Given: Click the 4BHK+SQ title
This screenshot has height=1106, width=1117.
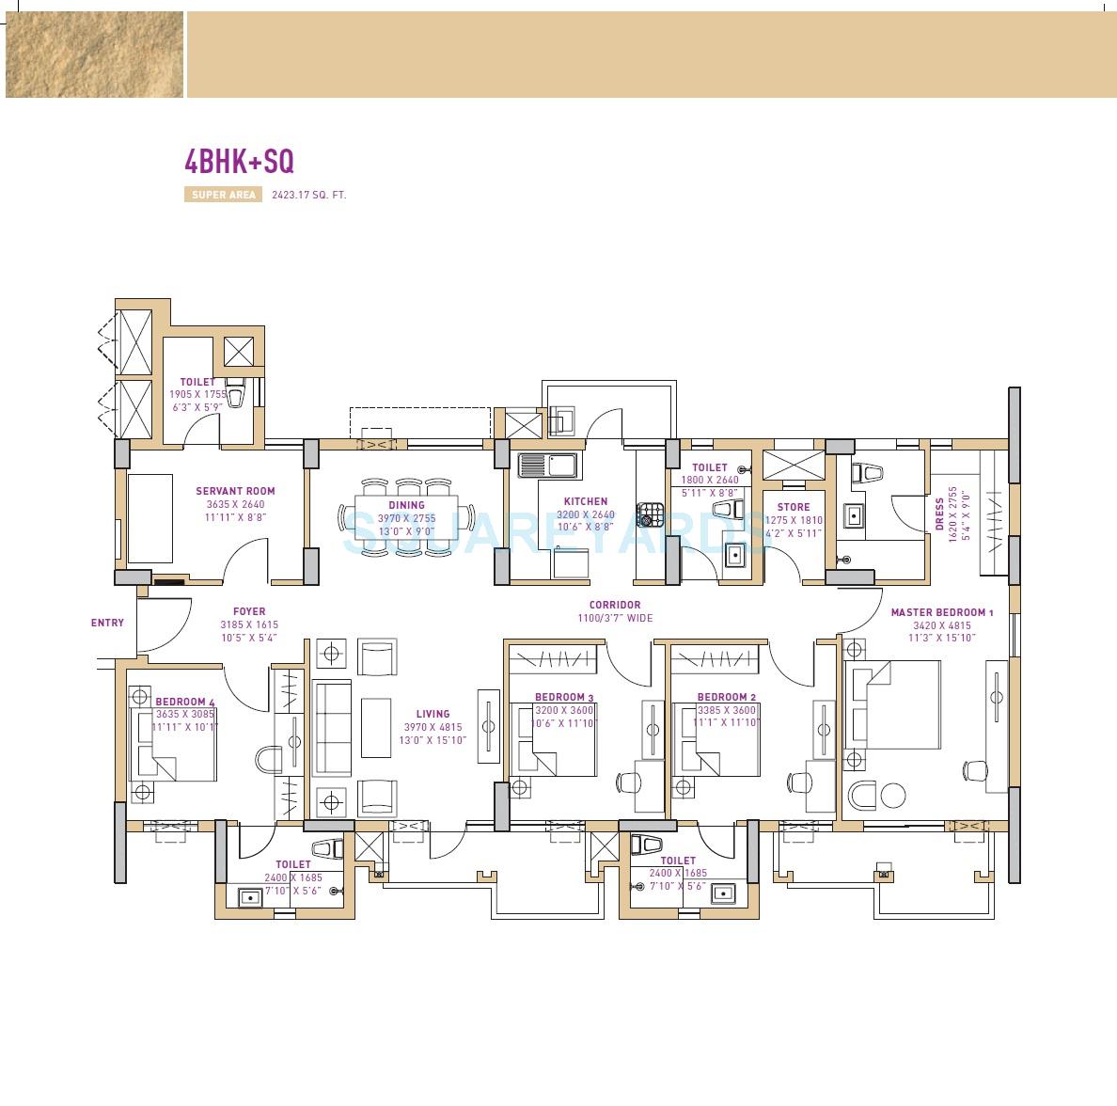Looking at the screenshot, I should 239,162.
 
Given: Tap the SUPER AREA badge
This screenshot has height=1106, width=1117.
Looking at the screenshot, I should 223,196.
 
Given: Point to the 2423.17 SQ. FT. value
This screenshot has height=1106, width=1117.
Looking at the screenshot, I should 309,196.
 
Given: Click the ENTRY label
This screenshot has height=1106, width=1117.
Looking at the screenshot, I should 107,623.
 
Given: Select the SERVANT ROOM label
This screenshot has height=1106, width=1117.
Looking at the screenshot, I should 235,491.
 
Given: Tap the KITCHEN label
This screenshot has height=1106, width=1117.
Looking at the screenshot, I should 586,501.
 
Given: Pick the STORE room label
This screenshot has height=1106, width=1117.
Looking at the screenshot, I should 794,507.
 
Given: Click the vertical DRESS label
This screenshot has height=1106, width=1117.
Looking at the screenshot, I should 939,514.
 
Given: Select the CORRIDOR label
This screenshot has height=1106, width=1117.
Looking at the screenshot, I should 615,605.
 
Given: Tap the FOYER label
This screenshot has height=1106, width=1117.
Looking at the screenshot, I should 249,611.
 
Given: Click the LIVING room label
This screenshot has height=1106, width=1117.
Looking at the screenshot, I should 433,714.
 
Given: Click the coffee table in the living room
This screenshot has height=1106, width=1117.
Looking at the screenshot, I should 376,727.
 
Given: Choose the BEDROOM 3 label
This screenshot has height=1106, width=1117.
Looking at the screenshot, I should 564,697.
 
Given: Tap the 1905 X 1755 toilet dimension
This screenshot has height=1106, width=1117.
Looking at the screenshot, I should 198,395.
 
